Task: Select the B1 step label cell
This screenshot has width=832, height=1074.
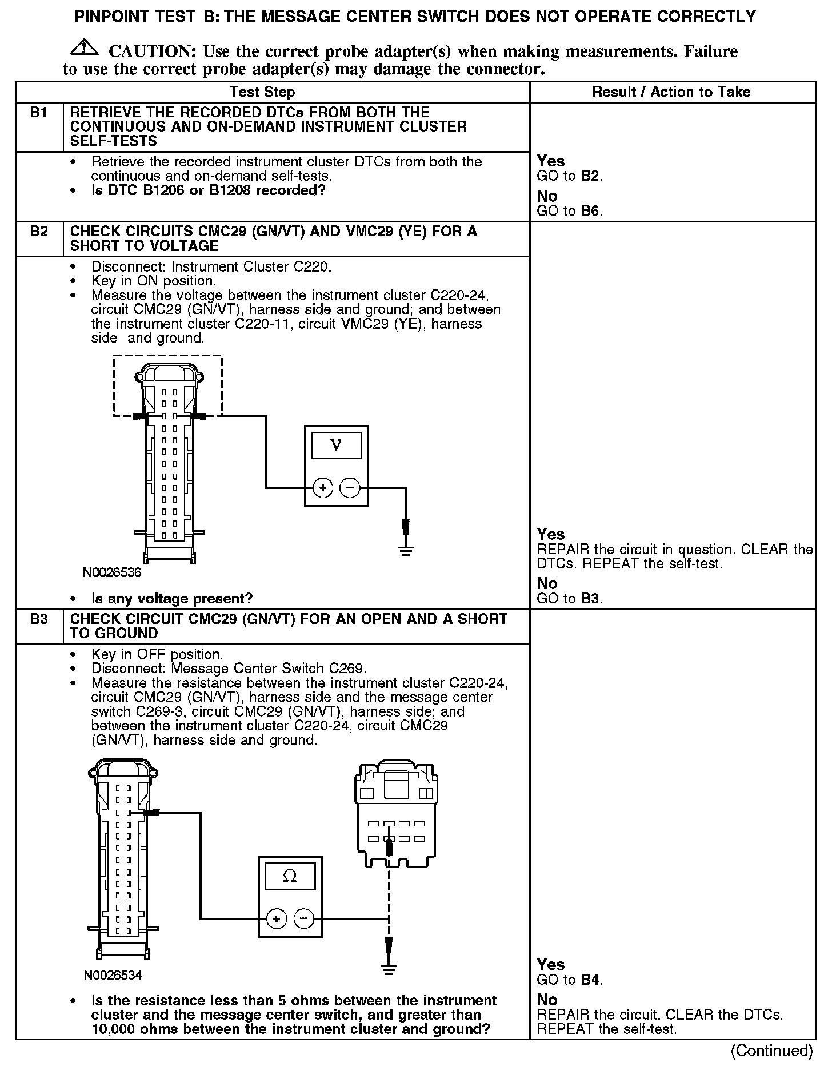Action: pyautogui.click(x=39, y=113)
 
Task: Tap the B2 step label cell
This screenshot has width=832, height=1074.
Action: pyautogui.click(x=39, y=232)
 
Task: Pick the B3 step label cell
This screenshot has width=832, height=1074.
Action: pyautogui.click(x=39, y=619)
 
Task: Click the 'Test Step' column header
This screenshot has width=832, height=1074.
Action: pyautogui.click(x=262, y=92)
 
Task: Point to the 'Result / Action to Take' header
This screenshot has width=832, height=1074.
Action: pyautogui.click(x=671, y=92)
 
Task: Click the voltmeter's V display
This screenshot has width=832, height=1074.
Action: pyautogui.click(x=336, y=445)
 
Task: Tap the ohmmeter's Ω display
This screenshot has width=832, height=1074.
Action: pyautogui.click(x=290, y=876)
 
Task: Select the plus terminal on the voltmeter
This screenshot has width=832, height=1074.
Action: pyautogui.click(x=323, y=488)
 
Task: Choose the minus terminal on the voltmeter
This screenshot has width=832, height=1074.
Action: pyautogui.click(x=350, y=488)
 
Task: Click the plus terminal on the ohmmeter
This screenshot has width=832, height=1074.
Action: pyautogui.click(x=277, y=919)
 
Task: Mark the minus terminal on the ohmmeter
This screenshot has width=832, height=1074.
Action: pyautogui.click(x=303, y=919)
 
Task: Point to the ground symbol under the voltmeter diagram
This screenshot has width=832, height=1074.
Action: pyautogui.click(x=406, y=551)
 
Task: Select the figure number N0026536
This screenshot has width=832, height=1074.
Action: pyautogui.click(x=112, y=572)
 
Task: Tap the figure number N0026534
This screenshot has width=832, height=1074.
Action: pyautogui.click(x=113, y=975)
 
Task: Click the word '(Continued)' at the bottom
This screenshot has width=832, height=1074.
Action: pyautogui.click(x=771, y=1051)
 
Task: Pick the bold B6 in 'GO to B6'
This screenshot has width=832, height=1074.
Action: pyautogui.click(x=590, y=211)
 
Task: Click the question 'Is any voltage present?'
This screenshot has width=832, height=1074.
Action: pyautogui.click(x=172, y=599)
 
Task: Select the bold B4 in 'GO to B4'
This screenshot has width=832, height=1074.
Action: pyautogui.click(x=590, y=980)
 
